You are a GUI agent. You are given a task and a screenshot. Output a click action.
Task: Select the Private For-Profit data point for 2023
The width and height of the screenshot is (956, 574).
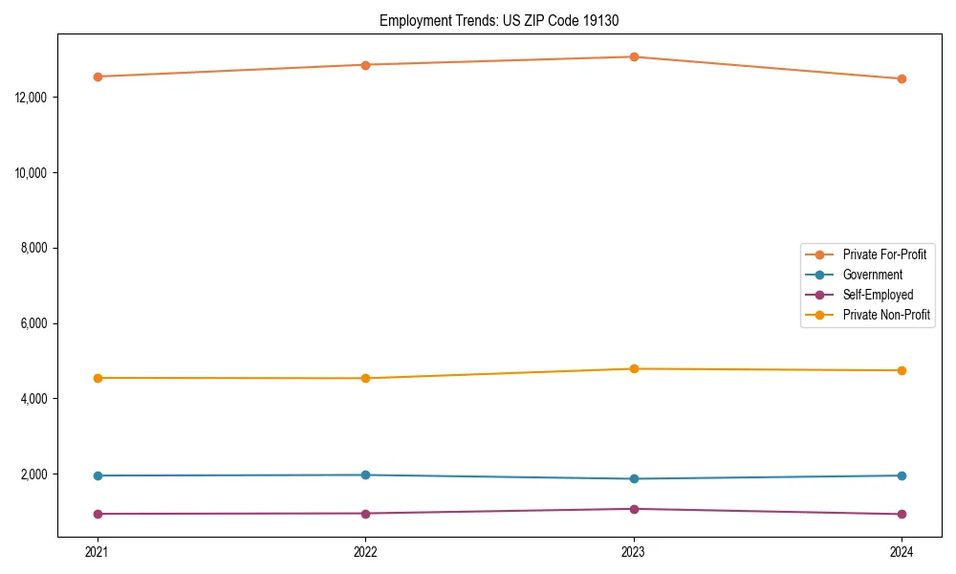633,56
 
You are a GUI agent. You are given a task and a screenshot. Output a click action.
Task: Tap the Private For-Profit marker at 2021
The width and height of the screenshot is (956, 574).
98,77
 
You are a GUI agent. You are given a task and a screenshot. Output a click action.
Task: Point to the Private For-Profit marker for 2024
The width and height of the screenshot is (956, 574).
902,78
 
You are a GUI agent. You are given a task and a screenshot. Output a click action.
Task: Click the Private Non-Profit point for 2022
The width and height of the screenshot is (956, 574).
365,378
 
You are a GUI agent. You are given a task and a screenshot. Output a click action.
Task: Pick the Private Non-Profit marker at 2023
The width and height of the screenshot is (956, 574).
633,368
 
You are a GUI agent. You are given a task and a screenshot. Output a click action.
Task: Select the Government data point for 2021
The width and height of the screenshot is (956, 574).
98,475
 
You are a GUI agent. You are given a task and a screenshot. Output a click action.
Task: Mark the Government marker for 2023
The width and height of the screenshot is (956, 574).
633,478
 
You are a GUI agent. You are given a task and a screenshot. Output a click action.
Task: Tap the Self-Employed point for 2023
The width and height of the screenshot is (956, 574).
633,509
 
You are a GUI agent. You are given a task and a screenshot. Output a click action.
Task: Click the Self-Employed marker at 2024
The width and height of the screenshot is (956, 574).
902,514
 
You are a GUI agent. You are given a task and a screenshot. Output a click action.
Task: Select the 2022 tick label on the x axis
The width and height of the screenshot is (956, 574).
365,551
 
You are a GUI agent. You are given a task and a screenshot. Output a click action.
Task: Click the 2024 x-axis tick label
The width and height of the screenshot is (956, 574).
902,551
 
